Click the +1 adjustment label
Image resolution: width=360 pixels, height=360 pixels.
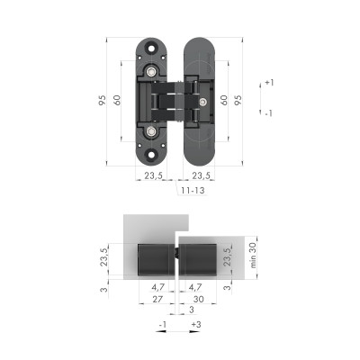[269, 83]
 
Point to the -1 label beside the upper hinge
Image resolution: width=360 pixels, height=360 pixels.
[268, 113]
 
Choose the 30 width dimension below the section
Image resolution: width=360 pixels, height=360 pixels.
[199, 299]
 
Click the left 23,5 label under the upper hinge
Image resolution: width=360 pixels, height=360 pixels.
[155, 177]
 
